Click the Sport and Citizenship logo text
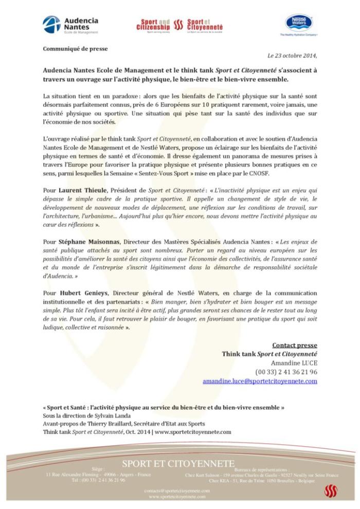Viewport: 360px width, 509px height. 153,25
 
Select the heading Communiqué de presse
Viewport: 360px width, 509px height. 68,49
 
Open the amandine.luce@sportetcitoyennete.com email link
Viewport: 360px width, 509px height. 260,381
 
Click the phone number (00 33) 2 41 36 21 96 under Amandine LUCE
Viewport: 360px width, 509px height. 286,372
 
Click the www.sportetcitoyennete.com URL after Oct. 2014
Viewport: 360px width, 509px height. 193,432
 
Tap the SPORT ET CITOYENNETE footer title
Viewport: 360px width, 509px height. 178,464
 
